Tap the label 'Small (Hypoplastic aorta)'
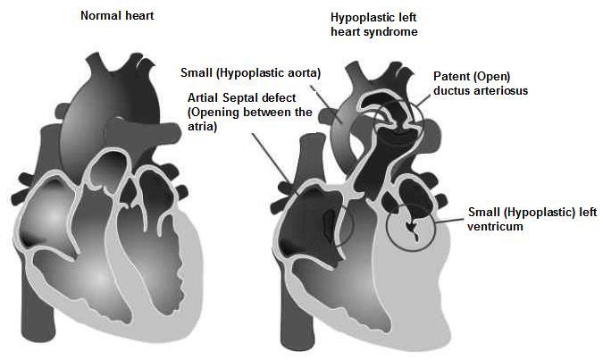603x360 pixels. click(x=252, y=71)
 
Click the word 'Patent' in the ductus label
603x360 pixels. click(x=451, y=77)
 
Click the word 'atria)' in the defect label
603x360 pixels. click(x=203, y=126)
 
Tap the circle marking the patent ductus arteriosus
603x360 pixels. click(x=393, y=123)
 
